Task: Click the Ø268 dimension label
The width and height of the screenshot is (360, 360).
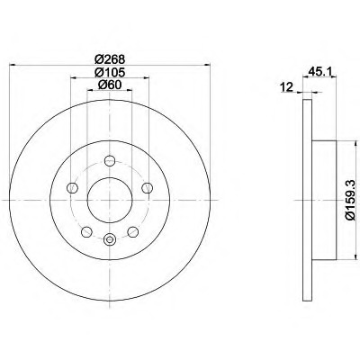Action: (x=110, y=59)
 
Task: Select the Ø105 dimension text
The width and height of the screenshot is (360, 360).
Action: (x=110, y=72)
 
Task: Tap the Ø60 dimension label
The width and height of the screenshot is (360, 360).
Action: (x=110, y=85)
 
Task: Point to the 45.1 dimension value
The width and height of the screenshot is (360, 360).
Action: (x=319, y=72)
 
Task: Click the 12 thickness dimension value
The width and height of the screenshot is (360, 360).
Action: (x=286, y=87)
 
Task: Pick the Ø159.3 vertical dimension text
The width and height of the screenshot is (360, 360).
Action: (x=351, y=201)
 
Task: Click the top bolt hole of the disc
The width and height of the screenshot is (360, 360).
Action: (x=110, y=161)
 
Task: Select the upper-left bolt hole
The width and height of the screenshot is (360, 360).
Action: (x=72, y=188)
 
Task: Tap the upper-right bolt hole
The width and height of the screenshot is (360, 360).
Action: (x=147, y=188)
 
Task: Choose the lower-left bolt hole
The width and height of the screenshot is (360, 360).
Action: (x=86, y=231)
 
